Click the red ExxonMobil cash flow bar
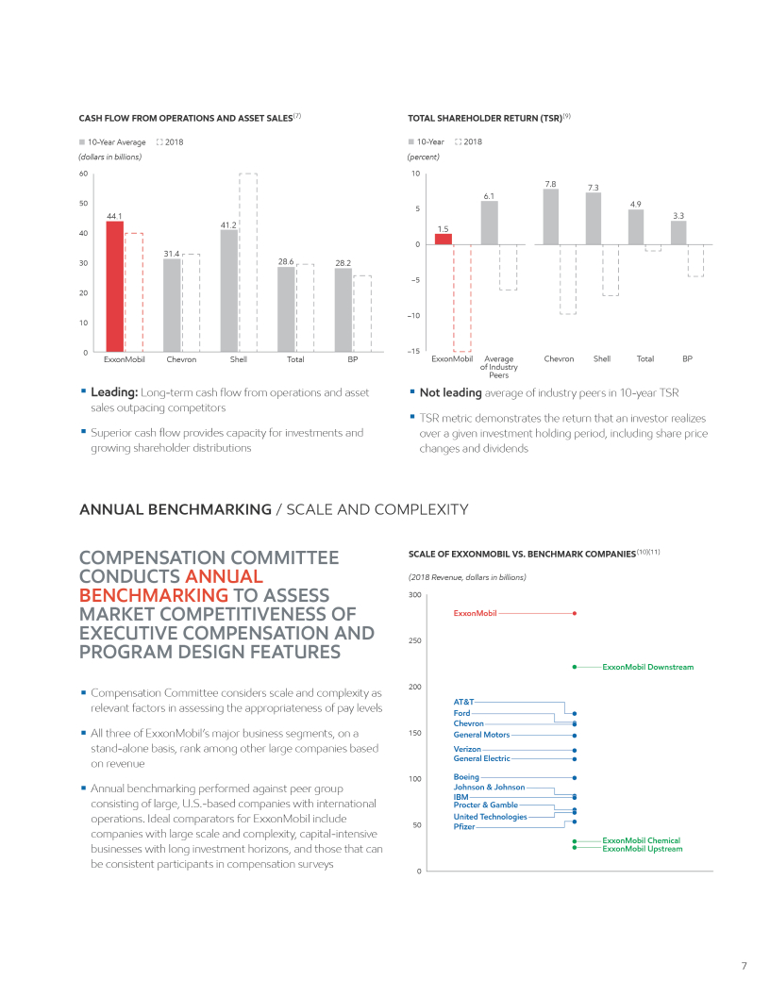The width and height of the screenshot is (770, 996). [x=114, y=287]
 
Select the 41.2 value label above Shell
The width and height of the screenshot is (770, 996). [x=228, y=224]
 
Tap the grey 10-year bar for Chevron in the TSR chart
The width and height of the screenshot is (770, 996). [x=551, y=216]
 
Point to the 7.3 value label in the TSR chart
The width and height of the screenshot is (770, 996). [x=594, y=188]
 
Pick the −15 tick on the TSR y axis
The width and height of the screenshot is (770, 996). [x=414, y=353]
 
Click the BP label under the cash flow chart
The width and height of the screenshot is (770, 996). [x=352, y=359]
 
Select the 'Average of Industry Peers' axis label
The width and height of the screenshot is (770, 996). [x=498, y=367]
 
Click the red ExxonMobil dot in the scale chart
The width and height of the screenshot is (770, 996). [x=575, y=613]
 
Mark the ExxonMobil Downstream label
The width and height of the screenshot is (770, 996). [x=647, y=667]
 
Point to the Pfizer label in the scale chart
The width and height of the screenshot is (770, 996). [x=465, y=827]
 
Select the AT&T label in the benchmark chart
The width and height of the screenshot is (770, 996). [x=463, y=702]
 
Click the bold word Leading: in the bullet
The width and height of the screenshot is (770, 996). [x=114, y=392]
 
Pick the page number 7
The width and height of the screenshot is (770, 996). [x=744, y=965]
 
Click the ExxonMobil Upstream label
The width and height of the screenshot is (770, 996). [x=642, y=849]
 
